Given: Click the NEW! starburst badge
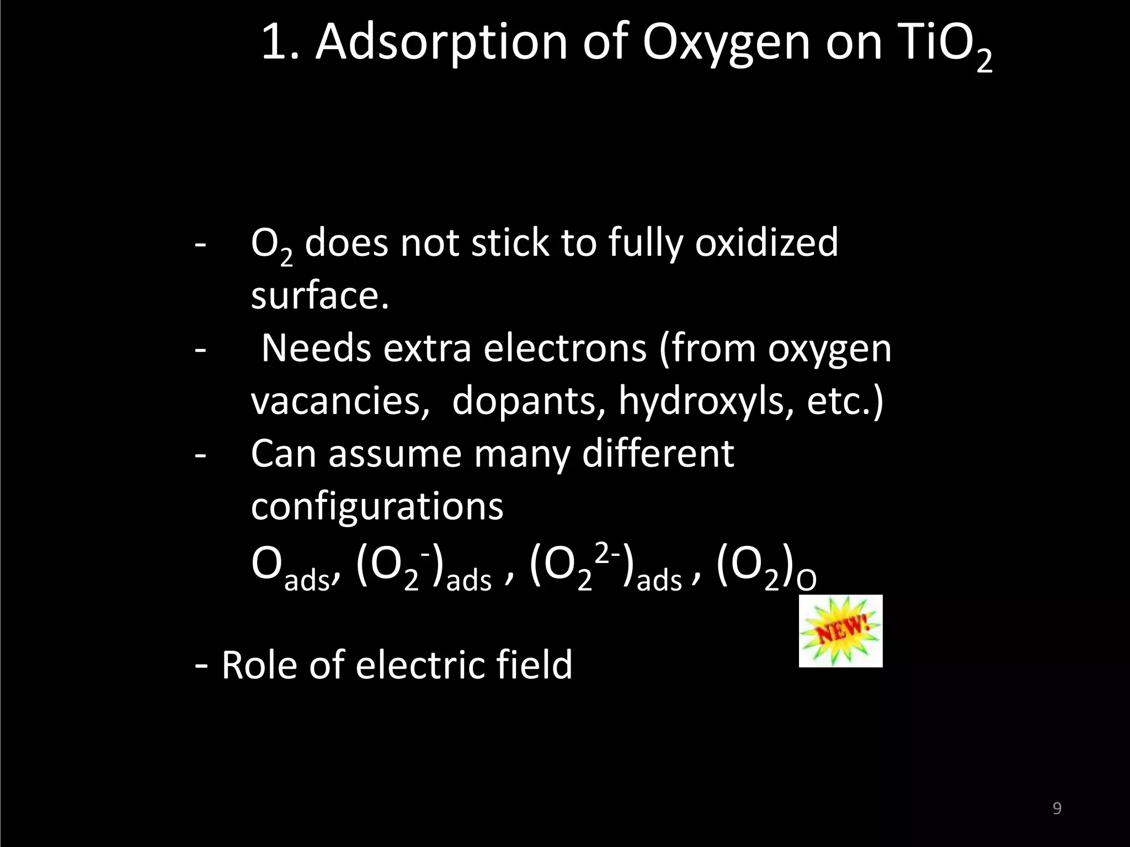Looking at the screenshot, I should tap(840, 631).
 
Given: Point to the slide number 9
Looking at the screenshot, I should tap(1057, 808).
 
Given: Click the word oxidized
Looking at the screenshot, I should tap(766, 243).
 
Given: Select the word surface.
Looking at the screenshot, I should tap(320, 296).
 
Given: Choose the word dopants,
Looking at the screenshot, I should tap(525, 401).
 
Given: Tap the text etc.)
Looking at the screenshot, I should tap(845, 400).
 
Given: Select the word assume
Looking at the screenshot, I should tap(395, 454).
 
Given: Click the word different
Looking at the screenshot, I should tap(658, 453).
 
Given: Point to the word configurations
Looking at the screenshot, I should tap(377, 506).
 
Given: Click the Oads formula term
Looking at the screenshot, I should tap(292, 568).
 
